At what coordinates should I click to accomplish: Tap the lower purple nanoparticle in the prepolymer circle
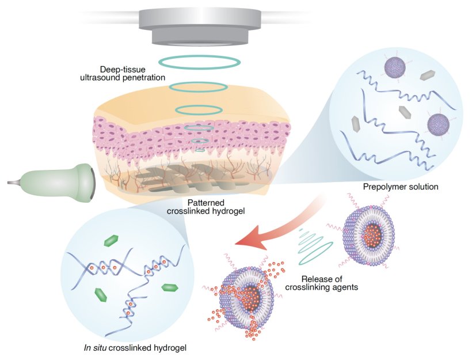point(439,126)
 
